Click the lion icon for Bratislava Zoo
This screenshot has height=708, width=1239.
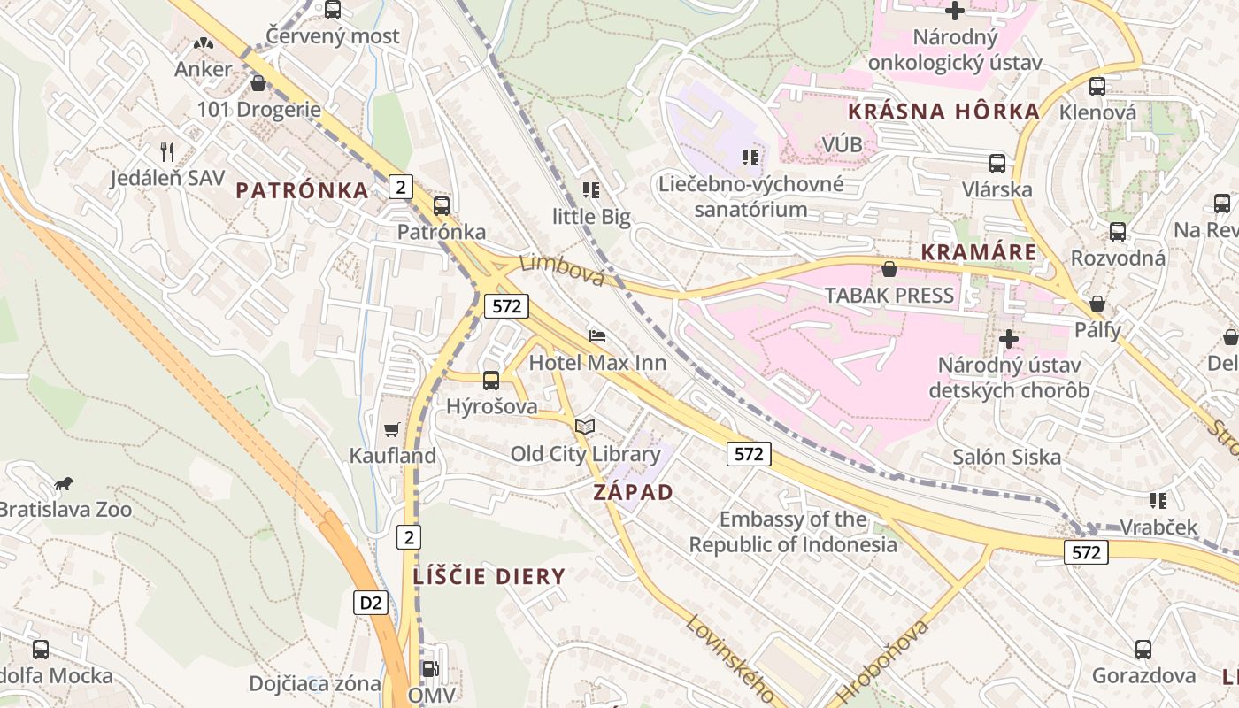63,484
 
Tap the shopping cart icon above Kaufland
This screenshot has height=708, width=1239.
392,429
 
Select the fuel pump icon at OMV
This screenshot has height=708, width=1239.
430,670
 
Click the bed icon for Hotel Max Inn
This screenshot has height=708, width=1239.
597,336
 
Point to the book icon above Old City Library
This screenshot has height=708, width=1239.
585,427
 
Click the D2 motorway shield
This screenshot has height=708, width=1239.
372,603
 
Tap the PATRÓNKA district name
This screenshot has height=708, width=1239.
302,190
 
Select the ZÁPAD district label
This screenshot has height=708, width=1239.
634,493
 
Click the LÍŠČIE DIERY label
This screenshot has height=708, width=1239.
489,577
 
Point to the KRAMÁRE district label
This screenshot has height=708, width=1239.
978,252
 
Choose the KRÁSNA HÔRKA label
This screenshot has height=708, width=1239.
943,112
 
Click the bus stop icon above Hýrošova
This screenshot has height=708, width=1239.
491,381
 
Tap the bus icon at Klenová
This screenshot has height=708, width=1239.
1097,87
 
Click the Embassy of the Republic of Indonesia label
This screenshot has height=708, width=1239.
793,532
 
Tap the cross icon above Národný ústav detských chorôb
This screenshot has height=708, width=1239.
1009,339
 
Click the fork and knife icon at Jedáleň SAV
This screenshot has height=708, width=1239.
167,151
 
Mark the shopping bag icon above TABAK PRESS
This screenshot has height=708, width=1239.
889,269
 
